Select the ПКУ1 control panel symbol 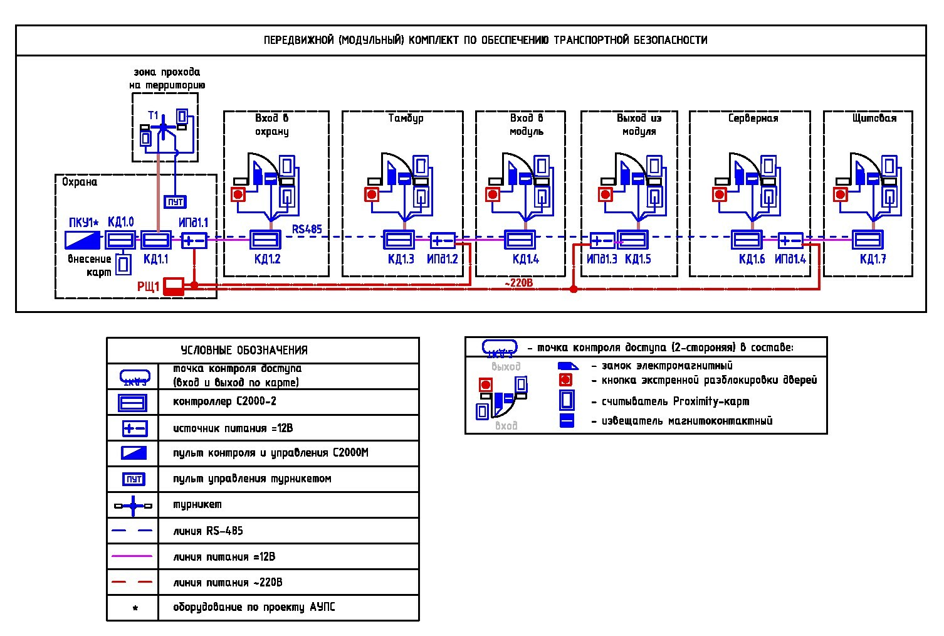tap(83, 240)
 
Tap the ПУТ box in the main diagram tap(175, 201)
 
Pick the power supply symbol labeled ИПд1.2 tap(443, 240)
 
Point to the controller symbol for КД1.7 tap(868, 240)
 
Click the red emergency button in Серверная tap(721, 194)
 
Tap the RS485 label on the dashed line tap(307, 229)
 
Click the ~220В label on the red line tap(518, 283)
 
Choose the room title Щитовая tap(874, 118)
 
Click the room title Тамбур tap(406, 118)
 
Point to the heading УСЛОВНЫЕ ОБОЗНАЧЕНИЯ tap(244, 351)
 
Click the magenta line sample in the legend tap(132, 556)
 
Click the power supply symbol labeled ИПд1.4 tap(790, 240)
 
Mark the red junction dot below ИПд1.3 tap(573, 289)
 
